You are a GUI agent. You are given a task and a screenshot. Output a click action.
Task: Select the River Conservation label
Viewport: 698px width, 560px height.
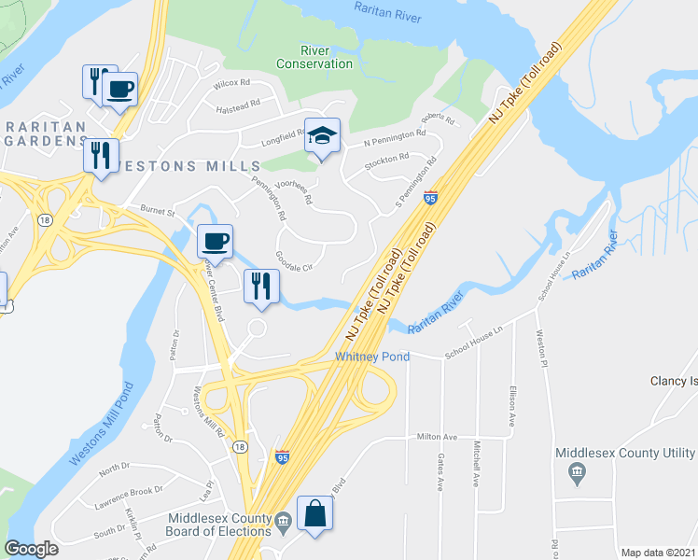click(314, 57)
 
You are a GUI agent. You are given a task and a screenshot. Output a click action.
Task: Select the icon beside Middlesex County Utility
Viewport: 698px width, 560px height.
click(576, 474)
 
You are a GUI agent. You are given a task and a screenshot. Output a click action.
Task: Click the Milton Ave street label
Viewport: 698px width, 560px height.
click(437, 437)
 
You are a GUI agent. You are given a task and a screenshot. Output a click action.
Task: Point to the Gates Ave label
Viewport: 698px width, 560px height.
click(440, 471)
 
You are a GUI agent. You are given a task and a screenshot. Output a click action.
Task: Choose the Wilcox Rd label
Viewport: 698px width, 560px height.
click(232, 83)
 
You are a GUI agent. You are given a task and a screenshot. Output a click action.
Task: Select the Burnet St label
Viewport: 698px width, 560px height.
click(158, 211)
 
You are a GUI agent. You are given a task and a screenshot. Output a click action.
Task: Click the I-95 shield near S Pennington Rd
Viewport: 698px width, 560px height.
click(430, 197)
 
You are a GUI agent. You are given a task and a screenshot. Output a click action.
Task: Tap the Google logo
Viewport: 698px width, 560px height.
click(32, 549)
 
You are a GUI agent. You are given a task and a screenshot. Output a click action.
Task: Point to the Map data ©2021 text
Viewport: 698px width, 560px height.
click(658, 553)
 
